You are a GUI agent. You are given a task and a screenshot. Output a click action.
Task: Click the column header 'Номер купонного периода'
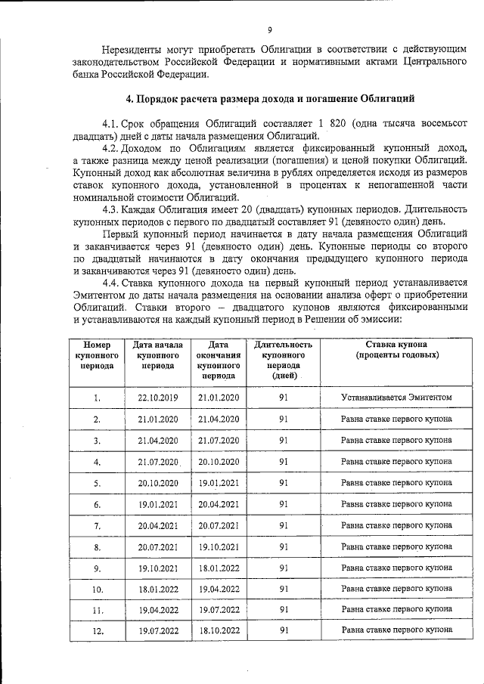pos(97,354)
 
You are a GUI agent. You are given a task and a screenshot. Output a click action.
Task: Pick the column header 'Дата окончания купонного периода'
pos(219,359)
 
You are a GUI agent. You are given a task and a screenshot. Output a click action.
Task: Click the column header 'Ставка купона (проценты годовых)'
pos(397,348)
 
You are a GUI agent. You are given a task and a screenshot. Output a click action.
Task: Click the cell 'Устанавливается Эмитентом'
pos(397,398)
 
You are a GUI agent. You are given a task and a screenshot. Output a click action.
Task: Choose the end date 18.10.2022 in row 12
pos(219,630)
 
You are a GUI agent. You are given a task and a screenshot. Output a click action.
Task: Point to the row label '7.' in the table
pos(97,525)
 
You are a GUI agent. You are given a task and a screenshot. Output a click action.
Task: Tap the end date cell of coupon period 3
pos(219,440)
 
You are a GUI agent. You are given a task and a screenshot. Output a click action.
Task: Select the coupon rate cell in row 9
pos(397,567)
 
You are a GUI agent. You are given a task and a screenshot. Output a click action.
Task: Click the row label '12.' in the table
pos(97,630)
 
